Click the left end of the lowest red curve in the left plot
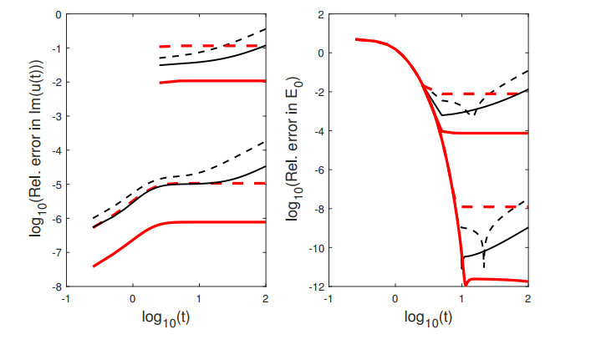[93, 266]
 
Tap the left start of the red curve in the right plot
[356, 39]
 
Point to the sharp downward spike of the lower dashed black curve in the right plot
[484, 267]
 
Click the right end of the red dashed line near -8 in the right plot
[527, 206]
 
